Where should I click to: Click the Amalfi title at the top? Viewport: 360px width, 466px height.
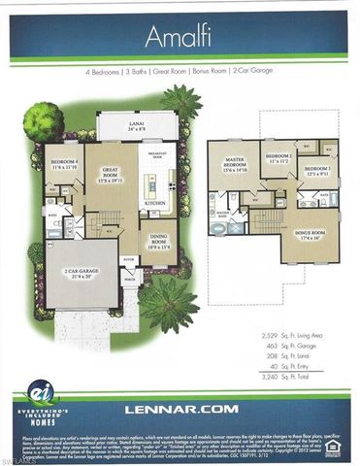180,37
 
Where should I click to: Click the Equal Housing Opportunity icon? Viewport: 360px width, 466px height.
333,449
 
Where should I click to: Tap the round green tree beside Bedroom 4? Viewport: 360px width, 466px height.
43,121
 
